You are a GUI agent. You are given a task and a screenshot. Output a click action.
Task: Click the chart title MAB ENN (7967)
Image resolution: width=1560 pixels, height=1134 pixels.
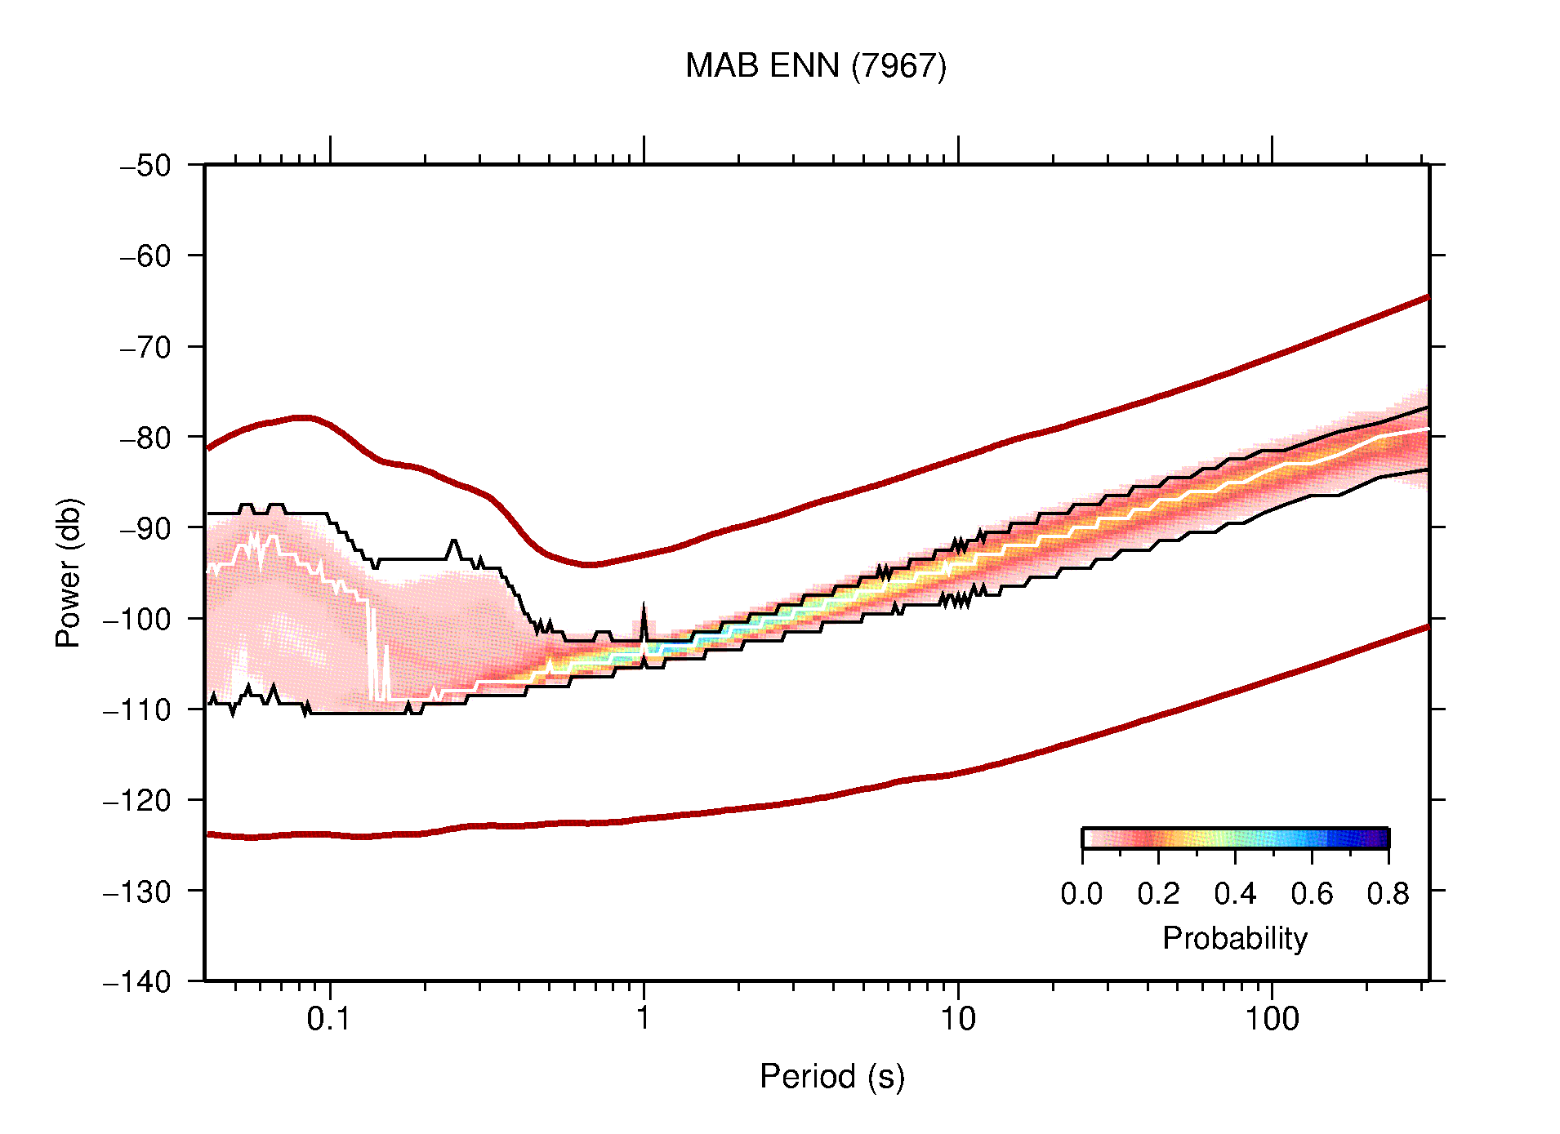click(815, 66)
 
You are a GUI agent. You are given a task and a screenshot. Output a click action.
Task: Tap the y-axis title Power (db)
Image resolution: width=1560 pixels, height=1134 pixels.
click(69, 572)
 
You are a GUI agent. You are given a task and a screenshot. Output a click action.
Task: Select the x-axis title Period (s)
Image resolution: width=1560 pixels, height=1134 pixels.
click(831, 1077)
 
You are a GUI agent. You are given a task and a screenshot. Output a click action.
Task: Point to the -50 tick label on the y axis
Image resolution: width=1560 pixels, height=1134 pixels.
click(145, 166)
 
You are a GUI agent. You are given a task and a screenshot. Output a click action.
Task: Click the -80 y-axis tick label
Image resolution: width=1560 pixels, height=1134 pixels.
click(145, 438)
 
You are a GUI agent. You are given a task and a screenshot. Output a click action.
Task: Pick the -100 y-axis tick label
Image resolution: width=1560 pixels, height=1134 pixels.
click(137, 619)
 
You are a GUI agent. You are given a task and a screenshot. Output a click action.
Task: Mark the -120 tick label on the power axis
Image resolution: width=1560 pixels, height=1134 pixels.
click(137, 801)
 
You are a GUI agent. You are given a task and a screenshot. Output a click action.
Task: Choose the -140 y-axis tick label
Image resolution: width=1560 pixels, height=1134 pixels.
click(137, 981)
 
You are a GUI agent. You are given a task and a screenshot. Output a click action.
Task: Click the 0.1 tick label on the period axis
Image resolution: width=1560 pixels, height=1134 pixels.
click(329, 1019)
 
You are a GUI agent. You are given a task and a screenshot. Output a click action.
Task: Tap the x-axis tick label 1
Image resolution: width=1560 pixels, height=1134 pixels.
click(644, 1019)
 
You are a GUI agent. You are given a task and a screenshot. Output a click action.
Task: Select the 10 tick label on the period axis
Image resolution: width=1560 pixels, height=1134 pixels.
click(957, 1019)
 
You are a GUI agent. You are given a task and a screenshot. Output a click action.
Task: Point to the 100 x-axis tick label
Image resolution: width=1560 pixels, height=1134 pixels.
click(1271, 1019)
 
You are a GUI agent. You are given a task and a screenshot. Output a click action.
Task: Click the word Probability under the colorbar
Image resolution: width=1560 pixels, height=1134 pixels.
click(1234, 939)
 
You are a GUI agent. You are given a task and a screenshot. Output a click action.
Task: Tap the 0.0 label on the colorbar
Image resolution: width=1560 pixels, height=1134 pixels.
click(1081, 895)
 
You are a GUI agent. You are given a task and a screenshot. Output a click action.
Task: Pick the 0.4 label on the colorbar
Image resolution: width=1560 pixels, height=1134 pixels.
click(1235, 895)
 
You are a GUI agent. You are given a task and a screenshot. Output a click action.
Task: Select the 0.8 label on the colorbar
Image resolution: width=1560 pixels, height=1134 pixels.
click(1388, 895)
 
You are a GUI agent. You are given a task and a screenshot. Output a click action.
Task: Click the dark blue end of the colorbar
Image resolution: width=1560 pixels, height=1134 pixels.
click(1380, 838)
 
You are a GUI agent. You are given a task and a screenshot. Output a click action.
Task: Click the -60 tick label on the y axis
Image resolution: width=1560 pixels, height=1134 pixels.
click(145, 256)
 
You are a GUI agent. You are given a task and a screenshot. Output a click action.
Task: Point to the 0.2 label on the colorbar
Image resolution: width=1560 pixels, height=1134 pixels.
click(1158, 895)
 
